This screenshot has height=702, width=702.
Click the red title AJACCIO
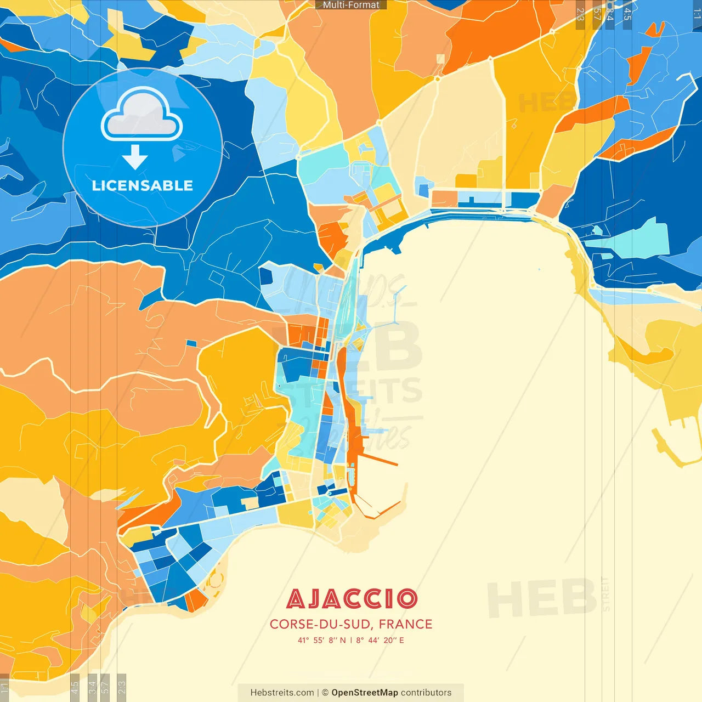coord(352,599)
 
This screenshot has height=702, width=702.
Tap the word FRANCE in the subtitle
coord(405,624)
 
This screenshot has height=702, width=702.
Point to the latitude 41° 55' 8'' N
coord(321,640)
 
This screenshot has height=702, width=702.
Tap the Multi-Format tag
coord(351,5)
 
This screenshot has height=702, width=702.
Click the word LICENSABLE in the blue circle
coord(143,185)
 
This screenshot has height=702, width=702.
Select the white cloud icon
coord(142,115)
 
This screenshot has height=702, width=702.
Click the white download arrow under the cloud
coord(135,157)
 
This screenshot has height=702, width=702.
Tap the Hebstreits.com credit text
coord(282,693)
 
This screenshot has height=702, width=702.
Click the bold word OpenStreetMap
coord(364,693)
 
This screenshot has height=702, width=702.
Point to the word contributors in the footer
coord(426,693)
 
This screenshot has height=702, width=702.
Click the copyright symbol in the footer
coord(325,693)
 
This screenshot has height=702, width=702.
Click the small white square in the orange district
coord(440,59)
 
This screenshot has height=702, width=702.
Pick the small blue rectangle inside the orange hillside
coord(191,343)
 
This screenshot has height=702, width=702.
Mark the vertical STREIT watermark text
coord(605,593)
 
